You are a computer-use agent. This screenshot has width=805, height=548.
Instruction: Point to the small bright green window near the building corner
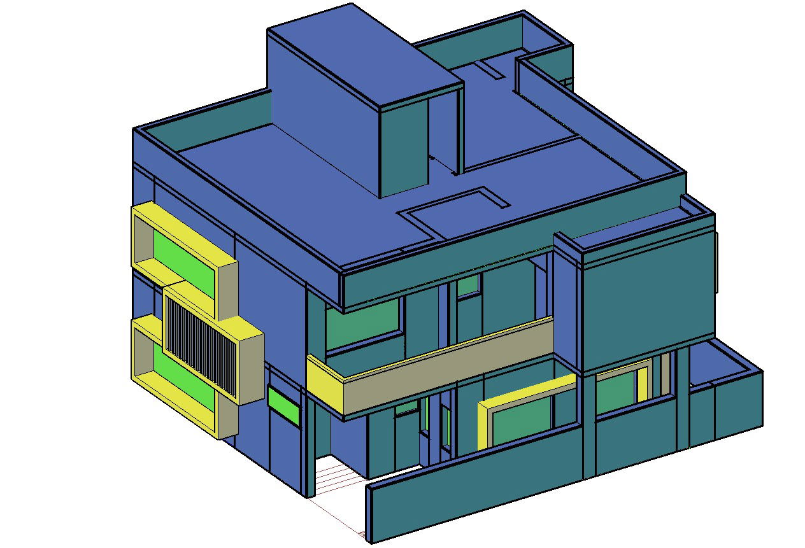point(283,405)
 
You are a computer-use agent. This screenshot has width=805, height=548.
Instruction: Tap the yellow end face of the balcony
point(325,382)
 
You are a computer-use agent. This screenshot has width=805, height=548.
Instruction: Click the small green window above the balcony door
point(468,285)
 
